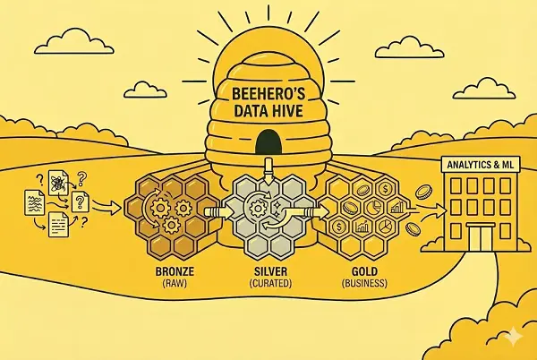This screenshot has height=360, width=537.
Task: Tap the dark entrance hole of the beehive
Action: [267, 141]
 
